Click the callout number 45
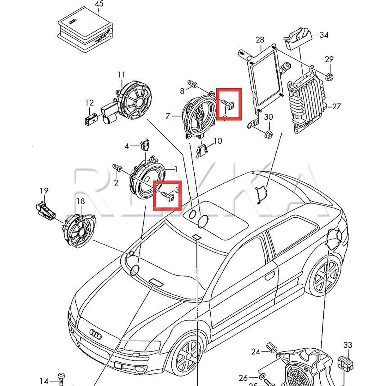coord(99,4)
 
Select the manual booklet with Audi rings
coord(85,30)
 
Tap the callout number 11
coord(121,75)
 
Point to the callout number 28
coord(260,40)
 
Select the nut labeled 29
coord(329,77)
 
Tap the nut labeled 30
coord(269,135)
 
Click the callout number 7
coord(168,116)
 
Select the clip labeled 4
coord(144,145)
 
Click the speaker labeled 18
coord(79,230)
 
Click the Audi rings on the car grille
coord(95,334)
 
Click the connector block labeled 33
coord(345,363)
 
